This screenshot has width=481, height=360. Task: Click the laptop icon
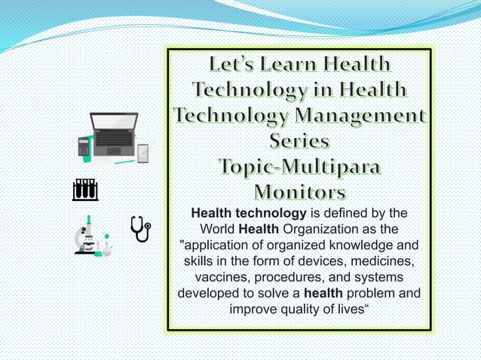point(114,133)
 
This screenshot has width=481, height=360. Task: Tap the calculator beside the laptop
point(84,146)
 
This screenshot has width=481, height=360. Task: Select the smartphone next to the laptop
point(142,153)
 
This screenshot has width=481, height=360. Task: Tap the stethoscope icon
point(140,229)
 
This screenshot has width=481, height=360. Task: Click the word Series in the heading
point(299,142)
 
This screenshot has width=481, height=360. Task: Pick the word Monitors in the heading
point(299,190)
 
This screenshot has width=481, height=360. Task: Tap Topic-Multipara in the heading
point(299,166)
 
